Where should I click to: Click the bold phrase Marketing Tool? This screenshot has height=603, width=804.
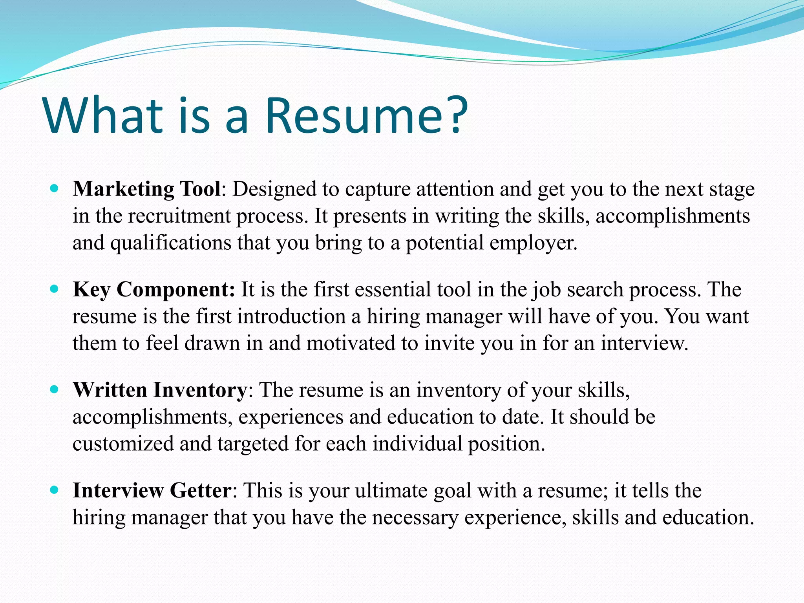(147, 189)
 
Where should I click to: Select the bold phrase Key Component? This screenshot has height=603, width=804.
(154, 289)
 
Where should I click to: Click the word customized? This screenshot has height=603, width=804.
(123, 444)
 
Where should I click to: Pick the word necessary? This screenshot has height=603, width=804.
(415, 517)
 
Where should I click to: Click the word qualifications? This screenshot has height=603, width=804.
(171, 243)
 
